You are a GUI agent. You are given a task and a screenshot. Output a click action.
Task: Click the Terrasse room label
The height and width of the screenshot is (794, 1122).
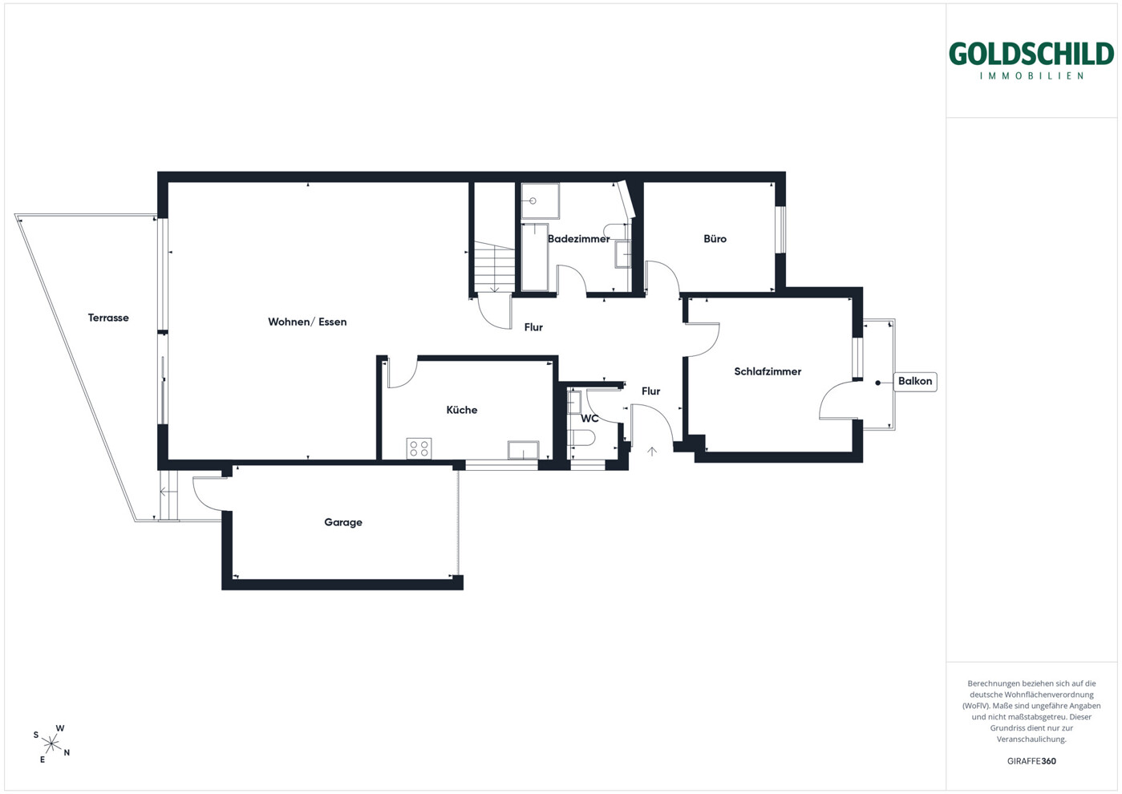(108, 318)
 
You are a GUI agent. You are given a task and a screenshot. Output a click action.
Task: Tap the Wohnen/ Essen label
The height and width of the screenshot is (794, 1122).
(307, 322)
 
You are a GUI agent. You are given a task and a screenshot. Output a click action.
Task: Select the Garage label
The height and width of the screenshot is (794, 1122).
(343, 522)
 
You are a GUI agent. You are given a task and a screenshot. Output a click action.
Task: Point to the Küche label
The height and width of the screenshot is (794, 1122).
(462, 410)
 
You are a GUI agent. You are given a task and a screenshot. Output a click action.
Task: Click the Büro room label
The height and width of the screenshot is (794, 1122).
(715, 238)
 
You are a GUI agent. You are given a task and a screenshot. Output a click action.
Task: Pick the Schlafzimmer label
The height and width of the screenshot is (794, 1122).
(768, 371)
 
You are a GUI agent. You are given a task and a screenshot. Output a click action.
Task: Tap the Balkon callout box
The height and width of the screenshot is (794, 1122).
(915, 381)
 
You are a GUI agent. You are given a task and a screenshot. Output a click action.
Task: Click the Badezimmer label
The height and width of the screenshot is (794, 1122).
(578, 239)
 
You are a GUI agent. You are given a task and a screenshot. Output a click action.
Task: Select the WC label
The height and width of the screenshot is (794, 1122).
(589, 419)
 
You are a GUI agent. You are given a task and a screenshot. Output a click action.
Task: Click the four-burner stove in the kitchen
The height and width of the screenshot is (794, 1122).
(419, 448)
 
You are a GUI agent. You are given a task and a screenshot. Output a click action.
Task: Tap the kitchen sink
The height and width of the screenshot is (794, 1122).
(524, 450)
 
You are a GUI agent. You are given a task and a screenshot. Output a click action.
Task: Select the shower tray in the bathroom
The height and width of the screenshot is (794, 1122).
(540, 201)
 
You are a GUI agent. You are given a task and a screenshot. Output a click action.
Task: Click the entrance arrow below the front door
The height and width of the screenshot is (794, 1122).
(652, 452)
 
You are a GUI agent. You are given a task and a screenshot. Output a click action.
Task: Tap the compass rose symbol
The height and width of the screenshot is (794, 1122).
(51, 744)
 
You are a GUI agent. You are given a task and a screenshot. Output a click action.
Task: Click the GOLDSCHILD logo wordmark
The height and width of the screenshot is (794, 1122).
(1031, 54)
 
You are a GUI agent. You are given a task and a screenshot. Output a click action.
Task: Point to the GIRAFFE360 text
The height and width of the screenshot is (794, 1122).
(1031, 761)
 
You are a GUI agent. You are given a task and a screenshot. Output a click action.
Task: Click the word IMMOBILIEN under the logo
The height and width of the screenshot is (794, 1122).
(1031, 76)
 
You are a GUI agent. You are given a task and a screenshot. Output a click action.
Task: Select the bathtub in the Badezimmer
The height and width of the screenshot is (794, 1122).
(534, 257)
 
